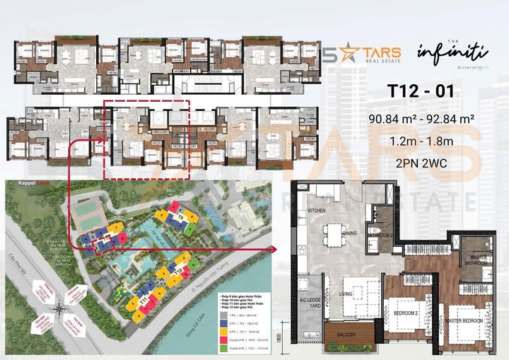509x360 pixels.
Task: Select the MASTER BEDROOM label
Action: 464,320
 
